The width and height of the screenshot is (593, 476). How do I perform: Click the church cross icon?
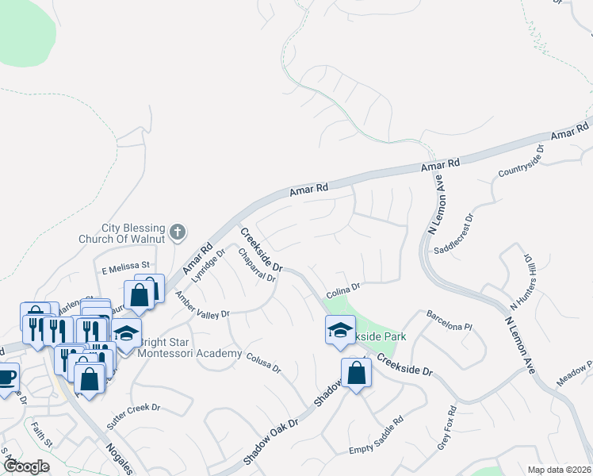pos(178,232)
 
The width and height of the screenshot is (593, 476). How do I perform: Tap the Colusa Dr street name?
pos(263,363)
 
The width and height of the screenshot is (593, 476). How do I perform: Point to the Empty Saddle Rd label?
pos(377,436)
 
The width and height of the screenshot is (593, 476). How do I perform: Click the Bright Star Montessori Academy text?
pos(189,347)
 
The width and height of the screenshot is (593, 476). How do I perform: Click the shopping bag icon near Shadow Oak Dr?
pos(356,372)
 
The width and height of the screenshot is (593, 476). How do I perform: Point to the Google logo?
pos(26,466)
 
